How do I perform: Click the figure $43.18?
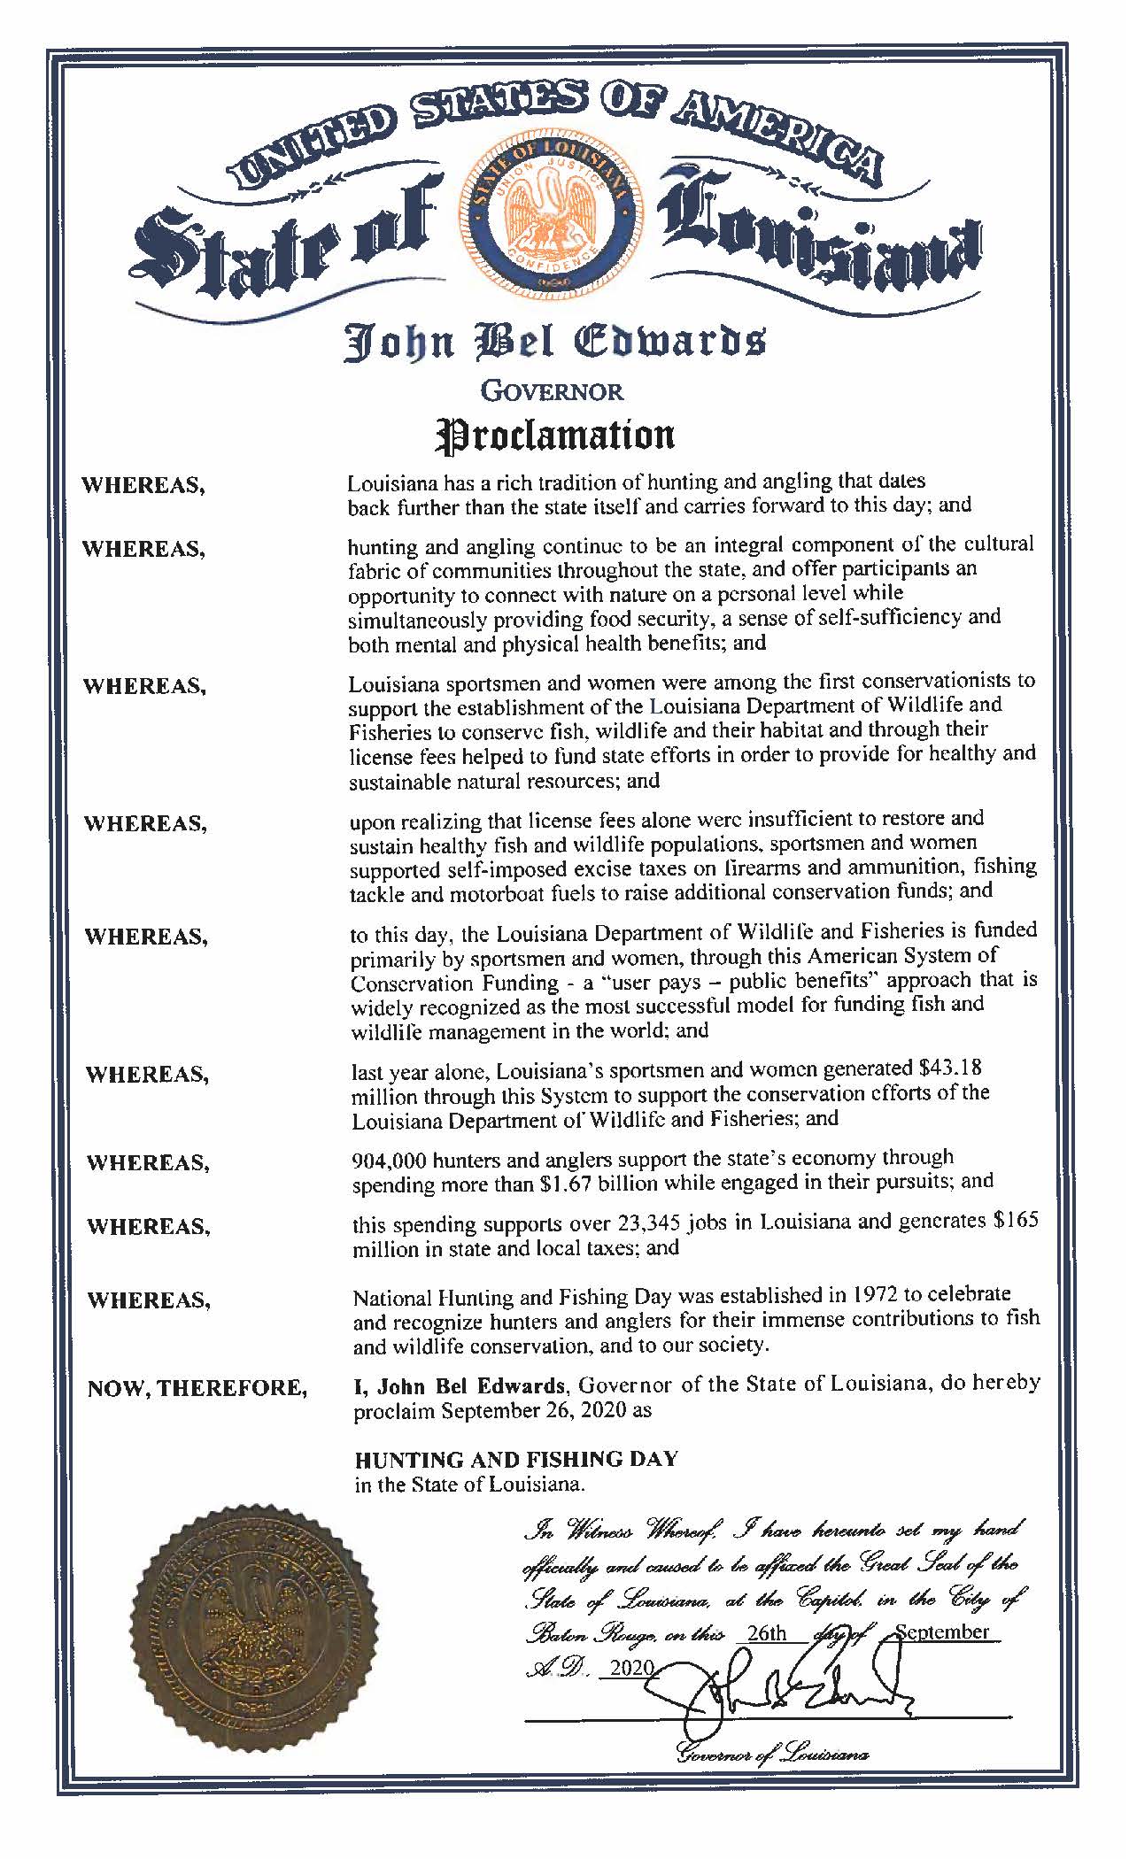(x=955, y=1068)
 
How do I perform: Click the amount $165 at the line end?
(x=1017, y=1220)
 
